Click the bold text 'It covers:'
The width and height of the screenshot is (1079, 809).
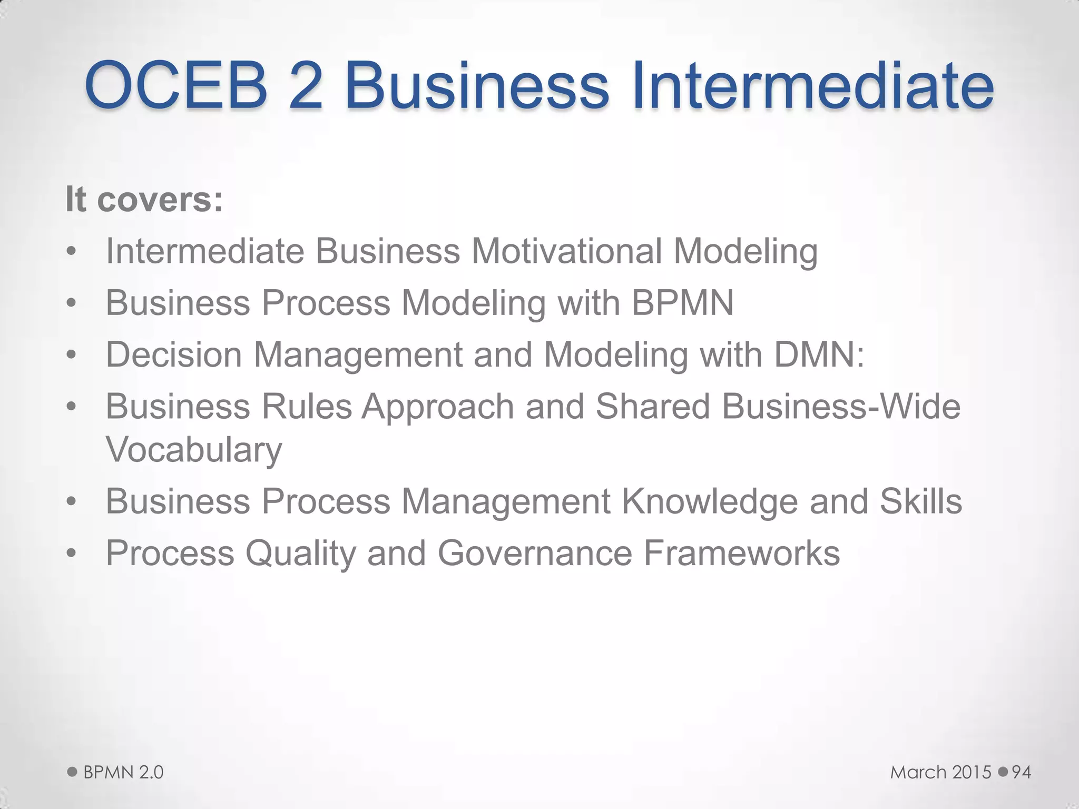coord(144,200)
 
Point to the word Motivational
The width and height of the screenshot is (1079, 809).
coord(566,251)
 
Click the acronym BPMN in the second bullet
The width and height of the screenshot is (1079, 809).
coord(682,303)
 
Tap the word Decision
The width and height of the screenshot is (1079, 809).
coord(174,354)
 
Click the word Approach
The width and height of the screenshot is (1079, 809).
coord(438,407)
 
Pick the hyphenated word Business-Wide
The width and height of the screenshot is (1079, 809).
coord(841,407)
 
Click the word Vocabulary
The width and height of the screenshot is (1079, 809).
coord(194,449)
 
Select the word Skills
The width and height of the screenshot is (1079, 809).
coord(920,501)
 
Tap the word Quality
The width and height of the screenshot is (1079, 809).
coord(301,553)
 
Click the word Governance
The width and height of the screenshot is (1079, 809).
coord(535,553)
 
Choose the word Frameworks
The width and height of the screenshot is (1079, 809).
coord(741,553)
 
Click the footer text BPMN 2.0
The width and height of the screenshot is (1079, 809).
coord(123,773)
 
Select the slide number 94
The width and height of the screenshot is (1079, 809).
coord(1021,773)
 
